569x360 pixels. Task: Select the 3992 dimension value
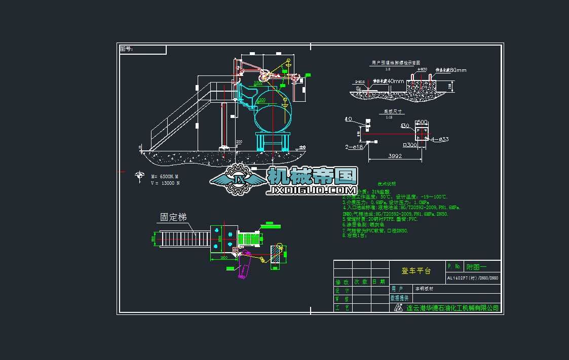tap(395, 156)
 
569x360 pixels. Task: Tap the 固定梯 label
tap(173, 217)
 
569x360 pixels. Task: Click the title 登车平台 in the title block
tap(416, 271)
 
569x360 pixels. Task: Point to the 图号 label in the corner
tap(126, 49)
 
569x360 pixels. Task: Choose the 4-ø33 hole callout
tap(439, 139)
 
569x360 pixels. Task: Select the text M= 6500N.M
tap(165, 176)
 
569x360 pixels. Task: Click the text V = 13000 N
tap(165, 183)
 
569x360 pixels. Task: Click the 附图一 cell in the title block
tap(476, 266)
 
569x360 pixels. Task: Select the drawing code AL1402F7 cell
tap(472, 278)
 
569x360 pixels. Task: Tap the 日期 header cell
tap(378, 282)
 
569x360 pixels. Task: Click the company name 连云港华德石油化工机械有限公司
tap(452, 308)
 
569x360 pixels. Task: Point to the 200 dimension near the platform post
tap(239, 142)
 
